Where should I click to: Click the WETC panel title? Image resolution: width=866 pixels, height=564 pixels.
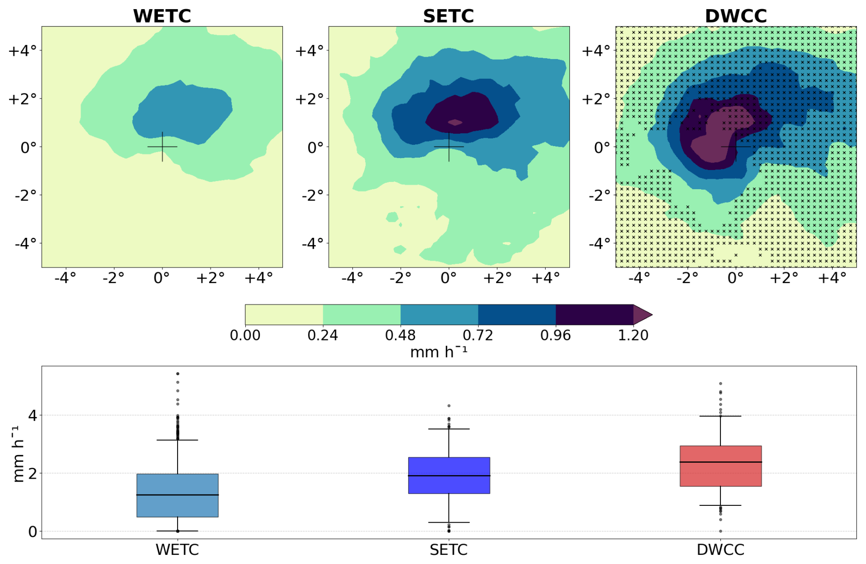pyautogui.click(x=162, y=16)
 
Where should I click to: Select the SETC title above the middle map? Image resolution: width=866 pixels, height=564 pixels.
pyautogui.click(x=448, y=16)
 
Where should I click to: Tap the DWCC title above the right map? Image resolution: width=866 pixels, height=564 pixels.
pyautogui.click(x=736, y=16)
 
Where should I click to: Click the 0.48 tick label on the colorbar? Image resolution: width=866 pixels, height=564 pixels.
pyautogui.click(x=400, y=335)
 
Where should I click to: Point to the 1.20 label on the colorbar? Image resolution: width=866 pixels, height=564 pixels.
pyautogui.click(x=633, y=335)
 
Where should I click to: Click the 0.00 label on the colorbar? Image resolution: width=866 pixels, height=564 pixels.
pyautogui.click(x=245, y=335)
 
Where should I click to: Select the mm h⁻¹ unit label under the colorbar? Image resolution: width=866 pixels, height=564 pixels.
pyautogui.click(x=438, y=352)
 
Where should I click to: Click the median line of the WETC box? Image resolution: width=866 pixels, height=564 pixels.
pyautogui.click(x=177, y=495)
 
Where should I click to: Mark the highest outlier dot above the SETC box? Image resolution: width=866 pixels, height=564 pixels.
pyautogui.click(x=449, y=406)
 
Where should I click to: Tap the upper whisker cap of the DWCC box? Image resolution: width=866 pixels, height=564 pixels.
pyautogui.click(x=720, y=416)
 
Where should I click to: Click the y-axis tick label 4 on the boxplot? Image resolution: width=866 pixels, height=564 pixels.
pyautogui.click(x=32, y=416)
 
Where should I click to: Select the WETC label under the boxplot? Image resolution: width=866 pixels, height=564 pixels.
pyautogui.click(x=177, y=550)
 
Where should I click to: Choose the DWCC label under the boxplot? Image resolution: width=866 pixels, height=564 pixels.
pyautogui.click(x=720, y=550)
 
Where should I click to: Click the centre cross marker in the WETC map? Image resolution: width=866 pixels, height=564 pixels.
pyautogui.click(x=162, y=147)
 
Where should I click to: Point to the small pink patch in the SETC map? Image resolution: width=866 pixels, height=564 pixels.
pyautogui.click(x=455, y=122)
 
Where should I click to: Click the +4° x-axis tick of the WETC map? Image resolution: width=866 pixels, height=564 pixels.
pyautogui.click(x=258, y=278)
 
